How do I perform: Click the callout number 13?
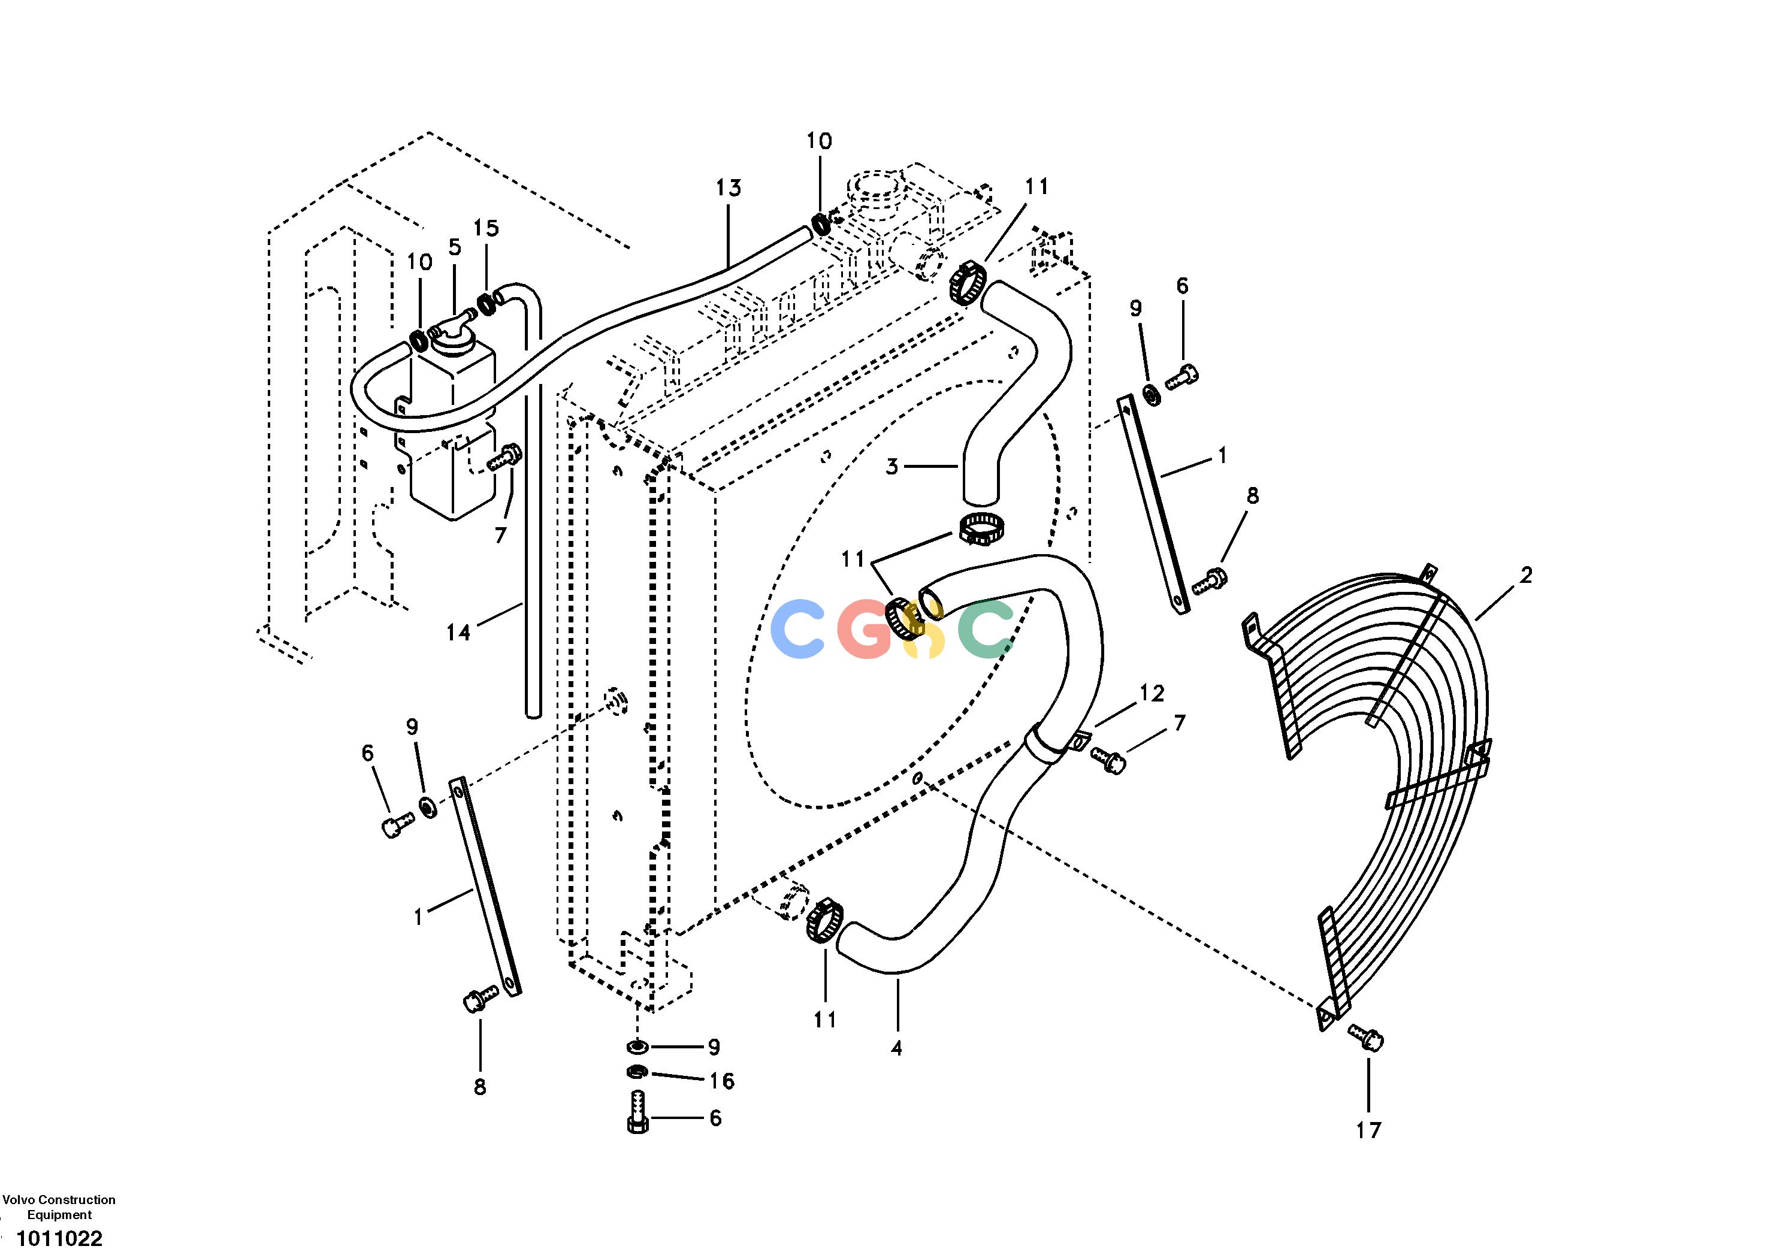[x=729, y=188]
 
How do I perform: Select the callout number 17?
[x=1368, y=1130]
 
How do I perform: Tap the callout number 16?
[x=721, y=1081]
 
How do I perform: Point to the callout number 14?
[x=458, y=633]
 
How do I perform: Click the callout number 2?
[x=1526, y=576]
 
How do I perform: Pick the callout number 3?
[x=891, y=467]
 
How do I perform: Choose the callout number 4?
[x=896, y=1048]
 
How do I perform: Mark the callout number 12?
[x=1153, y=694]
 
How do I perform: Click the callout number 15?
[x=486, y=228]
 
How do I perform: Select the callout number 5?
[x=454, y=247]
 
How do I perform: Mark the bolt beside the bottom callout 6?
[x=637, y=1113]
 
